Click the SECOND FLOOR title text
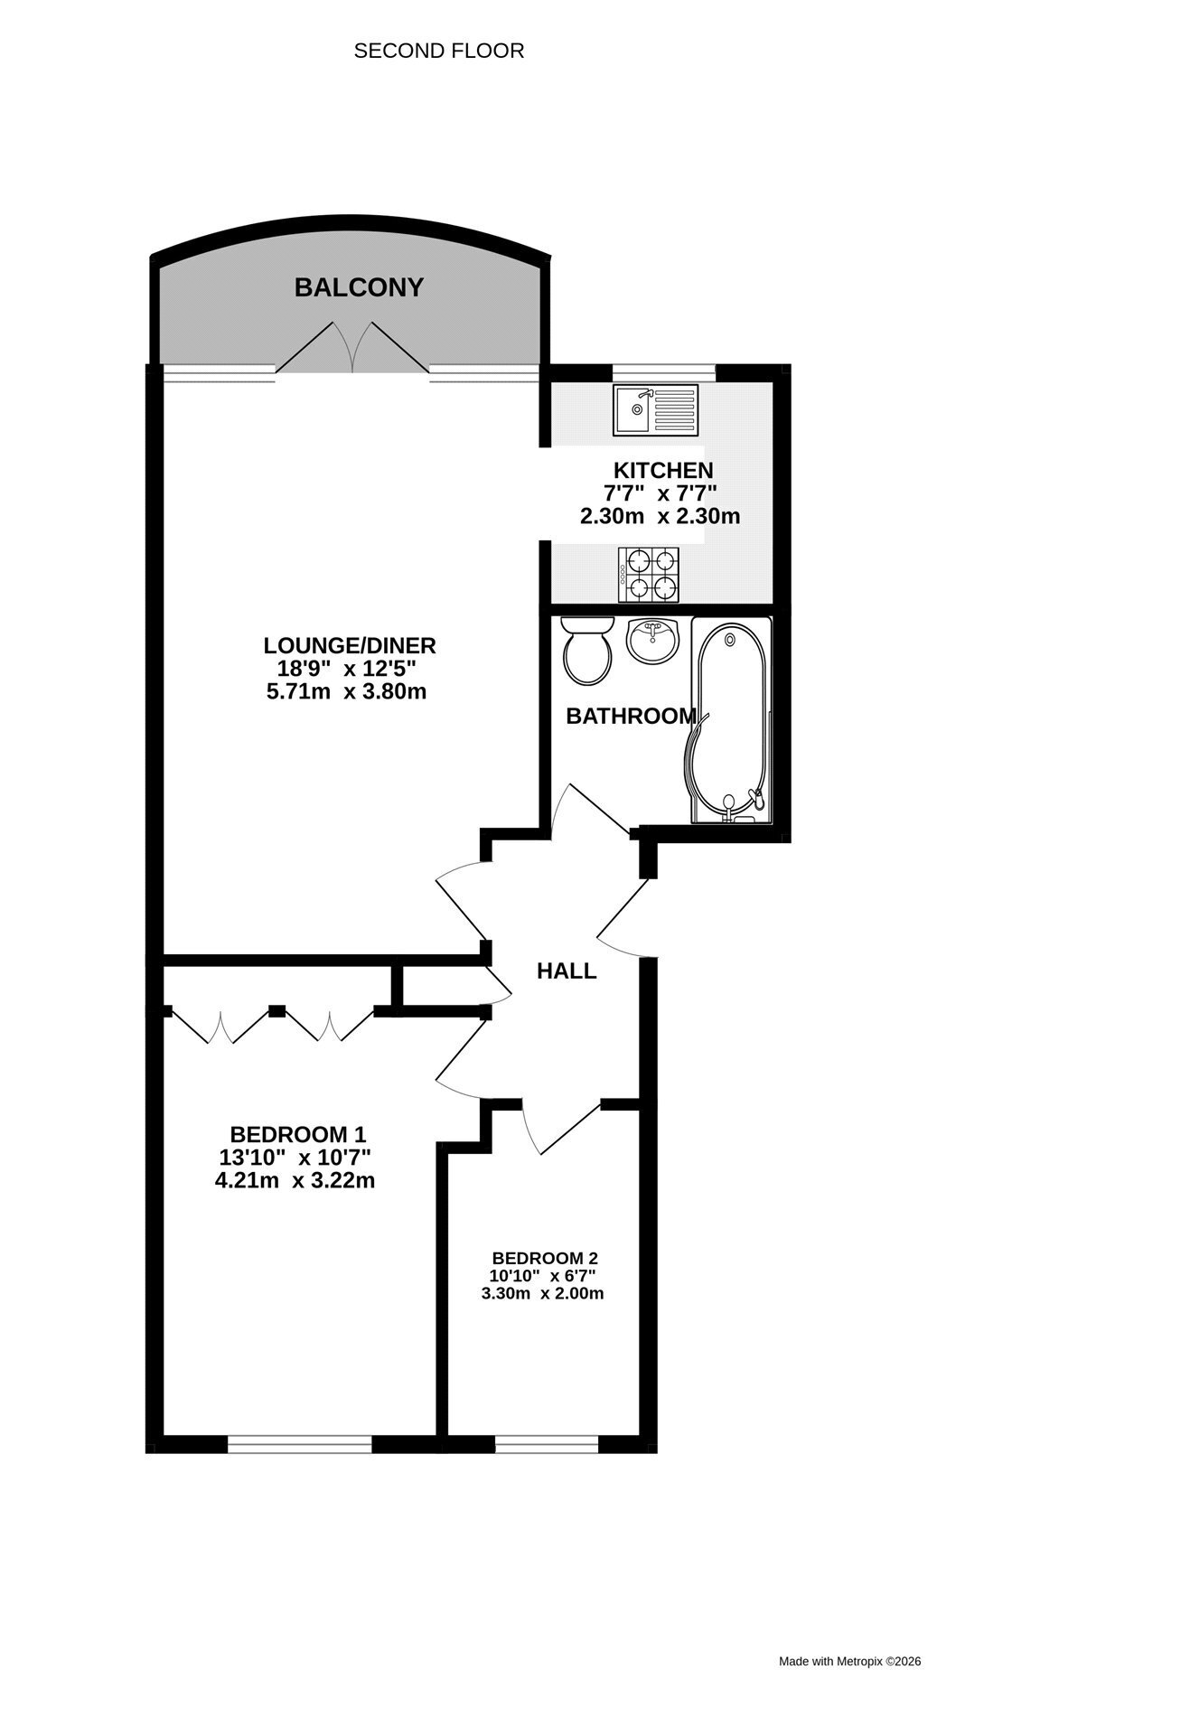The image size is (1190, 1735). pyautogui.click(x=438, y=51)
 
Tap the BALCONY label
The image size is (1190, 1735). pyautogui.click(x=359, y=287)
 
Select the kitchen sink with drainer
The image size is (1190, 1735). pyautogui.click(x=655, y=409)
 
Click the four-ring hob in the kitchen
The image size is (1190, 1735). pyautogui.click(x=649, y=575)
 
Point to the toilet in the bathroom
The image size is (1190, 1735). pyautogui.click(x=587, y=650)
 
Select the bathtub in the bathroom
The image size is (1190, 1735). pyautogui.click(x=732, y=720)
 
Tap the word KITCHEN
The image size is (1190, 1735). pyautogui.click(x=663, y=470)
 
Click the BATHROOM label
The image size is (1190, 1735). pyautogui.click(x=631, y=717)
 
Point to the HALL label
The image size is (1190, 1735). pyautogui.click(x=567, y=971)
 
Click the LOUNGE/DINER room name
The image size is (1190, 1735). pyautogui.click(x=350, y=646)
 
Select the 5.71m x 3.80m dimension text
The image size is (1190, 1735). pyautogui.click(x=346, y=692)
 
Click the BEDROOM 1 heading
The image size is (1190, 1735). pyautogui.click(x=298, y=1134)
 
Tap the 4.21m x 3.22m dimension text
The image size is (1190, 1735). pyautogui.click(x=295, y=1180)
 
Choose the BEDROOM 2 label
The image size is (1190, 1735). pyautogui.click(x=545, y=1258)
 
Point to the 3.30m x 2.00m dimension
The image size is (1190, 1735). pyautogui.click(x=543, y=1293)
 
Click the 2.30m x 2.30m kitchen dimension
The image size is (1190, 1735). pyautogui.click(x=660, y=517)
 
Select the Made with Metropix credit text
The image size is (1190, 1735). pyautogui.click(x=850, y=1661)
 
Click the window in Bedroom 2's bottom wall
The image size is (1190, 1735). pyautogui.click(x=547, y=1445)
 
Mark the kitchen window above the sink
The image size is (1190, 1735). pyautogui.click(x=663, y=372)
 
